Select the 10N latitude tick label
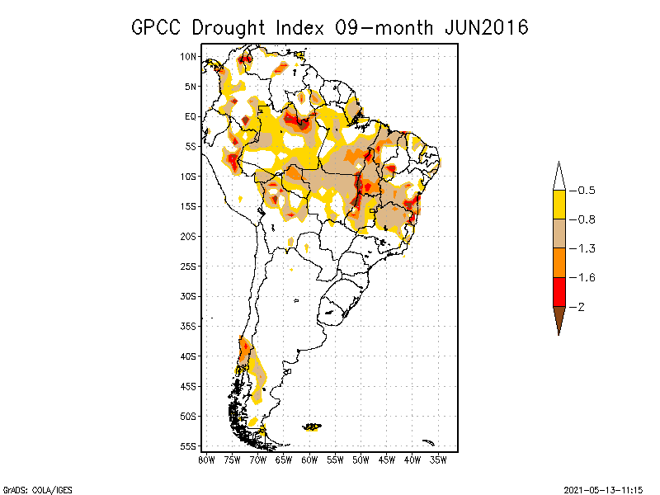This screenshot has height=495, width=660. point(188,56)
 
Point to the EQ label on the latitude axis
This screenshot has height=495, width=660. point(190,116)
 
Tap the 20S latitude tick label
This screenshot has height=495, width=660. point(188,236)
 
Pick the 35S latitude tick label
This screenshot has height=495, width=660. point(188,326)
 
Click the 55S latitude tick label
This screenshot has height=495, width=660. point(188,446)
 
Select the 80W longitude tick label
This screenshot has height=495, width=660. point(206,459)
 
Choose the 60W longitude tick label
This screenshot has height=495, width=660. point(309,459)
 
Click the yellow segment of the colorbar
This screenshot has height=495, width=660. point(559,205)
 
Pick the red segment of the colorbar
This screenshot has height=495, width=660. point(559,291)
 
